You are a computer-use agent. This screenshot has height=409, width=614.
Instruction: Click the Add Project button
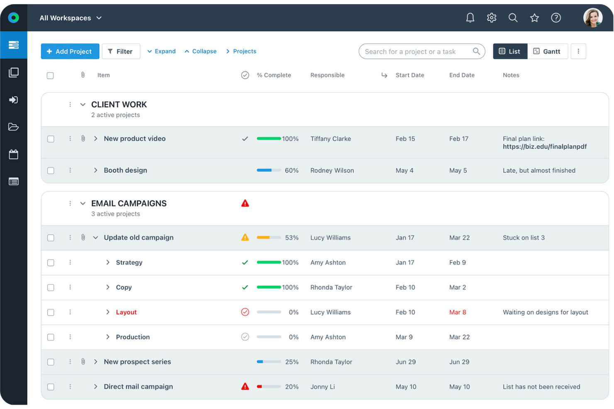point(70,51)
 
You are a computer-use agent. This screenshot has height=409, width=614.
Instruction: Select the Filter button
point(121,51)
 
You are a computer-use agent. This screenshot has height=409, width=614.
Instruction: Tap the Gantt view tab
point(547,51)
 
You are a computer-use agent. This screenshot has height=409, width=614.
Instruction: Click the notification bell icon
point(470,18)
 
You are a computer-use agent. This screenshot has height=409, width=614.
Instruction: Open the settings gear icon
point(491,18)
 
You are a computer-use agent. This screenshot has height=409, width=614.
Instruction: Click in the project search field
point(415,51)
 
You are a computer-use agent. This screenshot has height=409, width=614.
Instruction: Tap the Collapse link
point(201,51)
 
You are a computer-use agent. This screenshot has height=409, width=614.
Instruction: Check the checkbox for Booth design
point(51,171)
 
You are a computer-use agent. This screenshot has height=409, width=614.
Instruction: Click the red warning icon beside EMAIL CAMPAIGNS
point(245,203)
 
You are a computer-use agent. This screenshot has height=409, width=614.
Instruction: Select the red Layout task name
point(126,312)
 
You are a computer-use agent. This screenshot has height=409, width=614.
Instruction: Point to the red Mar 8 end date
point(457,312)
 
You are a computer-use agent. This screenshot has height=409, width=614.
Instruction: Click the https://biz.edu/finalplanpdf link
point(544,147)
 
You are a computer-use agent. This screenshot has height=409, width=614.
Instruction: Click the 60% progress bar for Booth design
point(268,170)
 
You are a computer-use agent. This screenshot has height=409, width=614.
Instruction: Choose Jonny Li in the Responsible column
point(322,387)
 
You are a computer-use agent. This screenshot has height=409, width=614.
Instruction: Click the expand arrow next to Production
point(108,337)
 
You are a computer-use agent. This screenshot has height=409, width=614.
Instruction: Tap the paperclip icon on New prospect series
point(83,362)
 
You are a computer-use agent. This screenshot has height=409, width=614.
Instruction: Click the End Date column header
point(461,75)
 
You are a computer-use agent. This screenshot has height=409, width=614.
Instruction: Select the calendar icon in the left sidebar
point(14,155)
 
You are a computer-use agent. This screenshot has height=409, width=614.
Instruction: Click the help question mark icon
point(556,18)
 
